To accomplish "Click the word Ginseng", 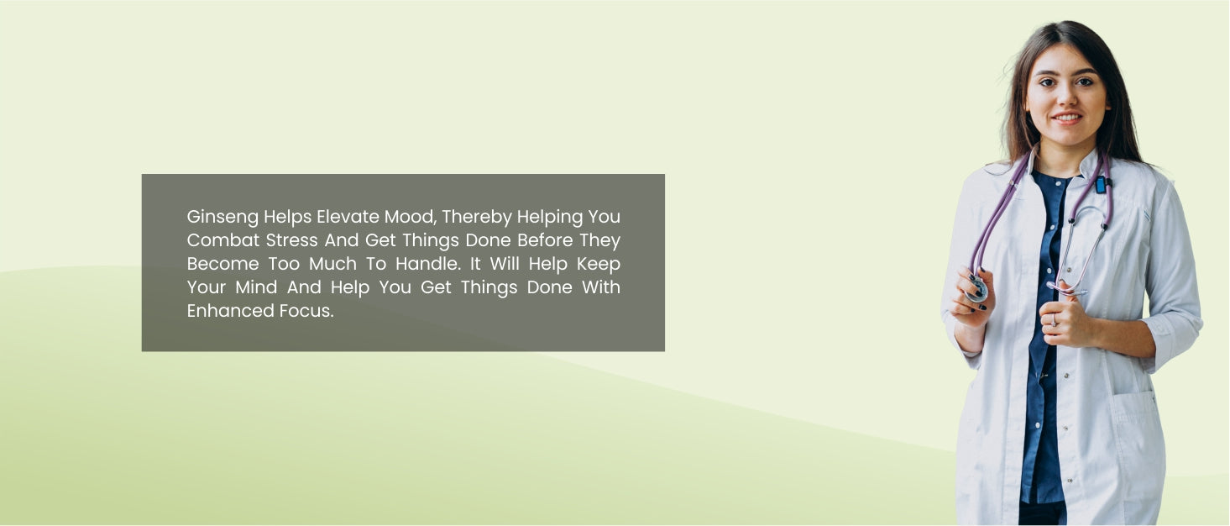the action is [222, 218].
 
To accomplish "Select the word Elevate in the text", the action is [348, 217].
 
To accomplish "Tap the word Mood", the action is [411, 217].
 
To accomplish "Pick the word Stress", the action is [291, 240].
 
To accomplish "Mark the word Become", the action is [222, 264].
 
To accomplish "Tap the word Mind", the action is [256, 287].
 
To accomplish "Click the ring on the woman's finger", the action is [1054, 320].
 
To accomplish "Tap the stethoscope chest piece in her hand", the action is [976, 289].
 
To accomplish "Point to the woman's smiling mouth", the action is [1067, 118].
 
